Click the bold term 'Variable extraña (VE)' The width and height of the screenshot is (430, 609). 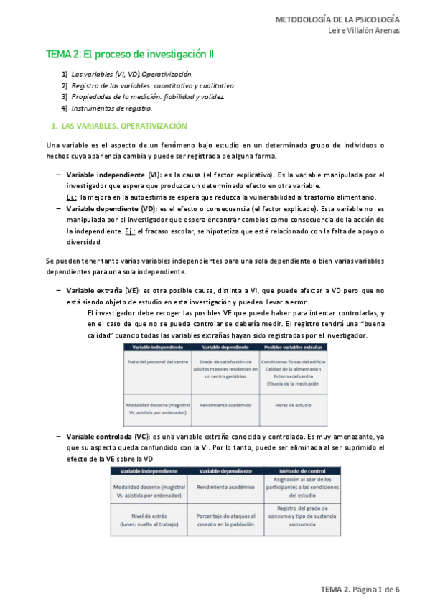103,291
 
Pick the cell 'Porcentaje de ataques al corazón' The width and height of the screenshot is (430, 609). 226,519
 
